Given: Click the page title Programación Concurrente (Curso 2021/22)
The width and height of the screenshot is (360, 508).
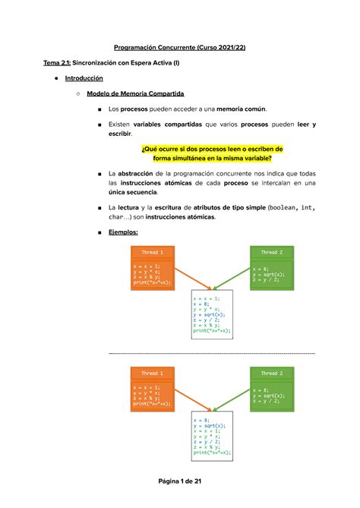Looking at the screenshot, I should (179, 47).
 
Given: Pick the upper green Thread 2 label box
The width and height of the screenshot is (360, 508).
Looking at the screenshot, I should (271, 252).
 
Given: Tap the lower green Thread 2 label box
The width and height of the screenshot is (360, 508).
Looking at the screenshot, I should (271, 374).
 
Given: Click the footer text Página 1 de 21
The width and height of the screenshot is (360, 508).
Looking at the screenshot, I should (179, 481).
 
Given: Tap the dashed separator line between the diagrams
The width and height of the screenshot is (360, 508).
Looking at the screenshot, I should (212, 353).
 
